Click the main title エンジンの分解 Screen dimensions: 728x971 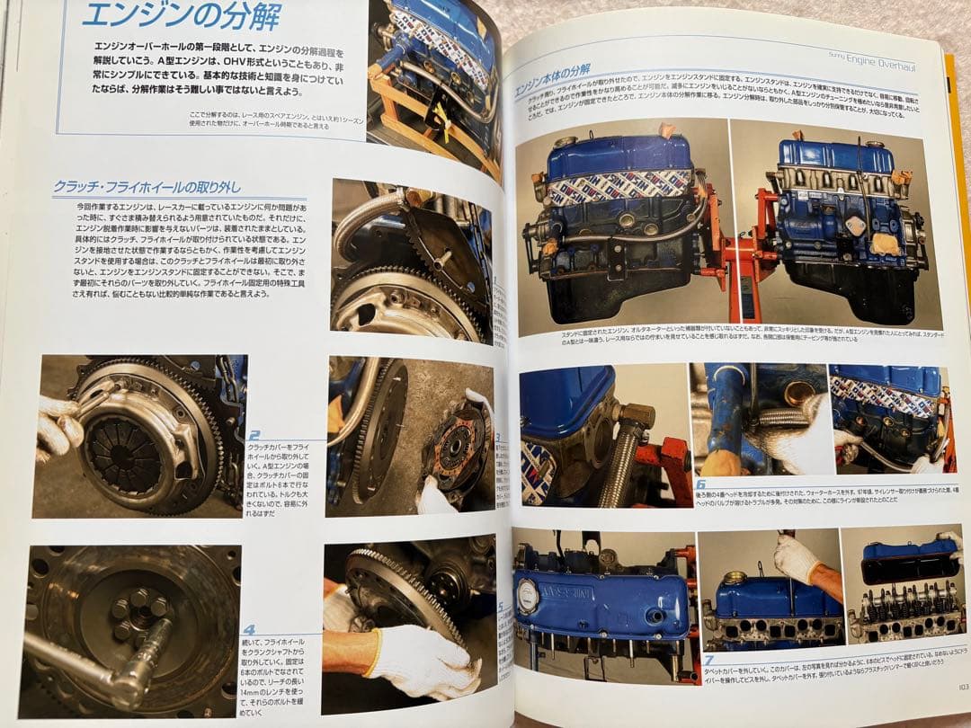(x=181, y=15)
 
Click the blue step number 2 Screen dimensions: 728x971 (x=254, y=435)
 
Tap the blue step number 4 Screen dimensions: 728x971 (x=249, y=630)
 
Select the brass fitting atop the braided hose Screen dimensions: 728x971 (x=637, y=415)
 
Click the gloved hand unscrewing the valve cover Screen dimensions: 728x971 (x=797, y=559)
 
